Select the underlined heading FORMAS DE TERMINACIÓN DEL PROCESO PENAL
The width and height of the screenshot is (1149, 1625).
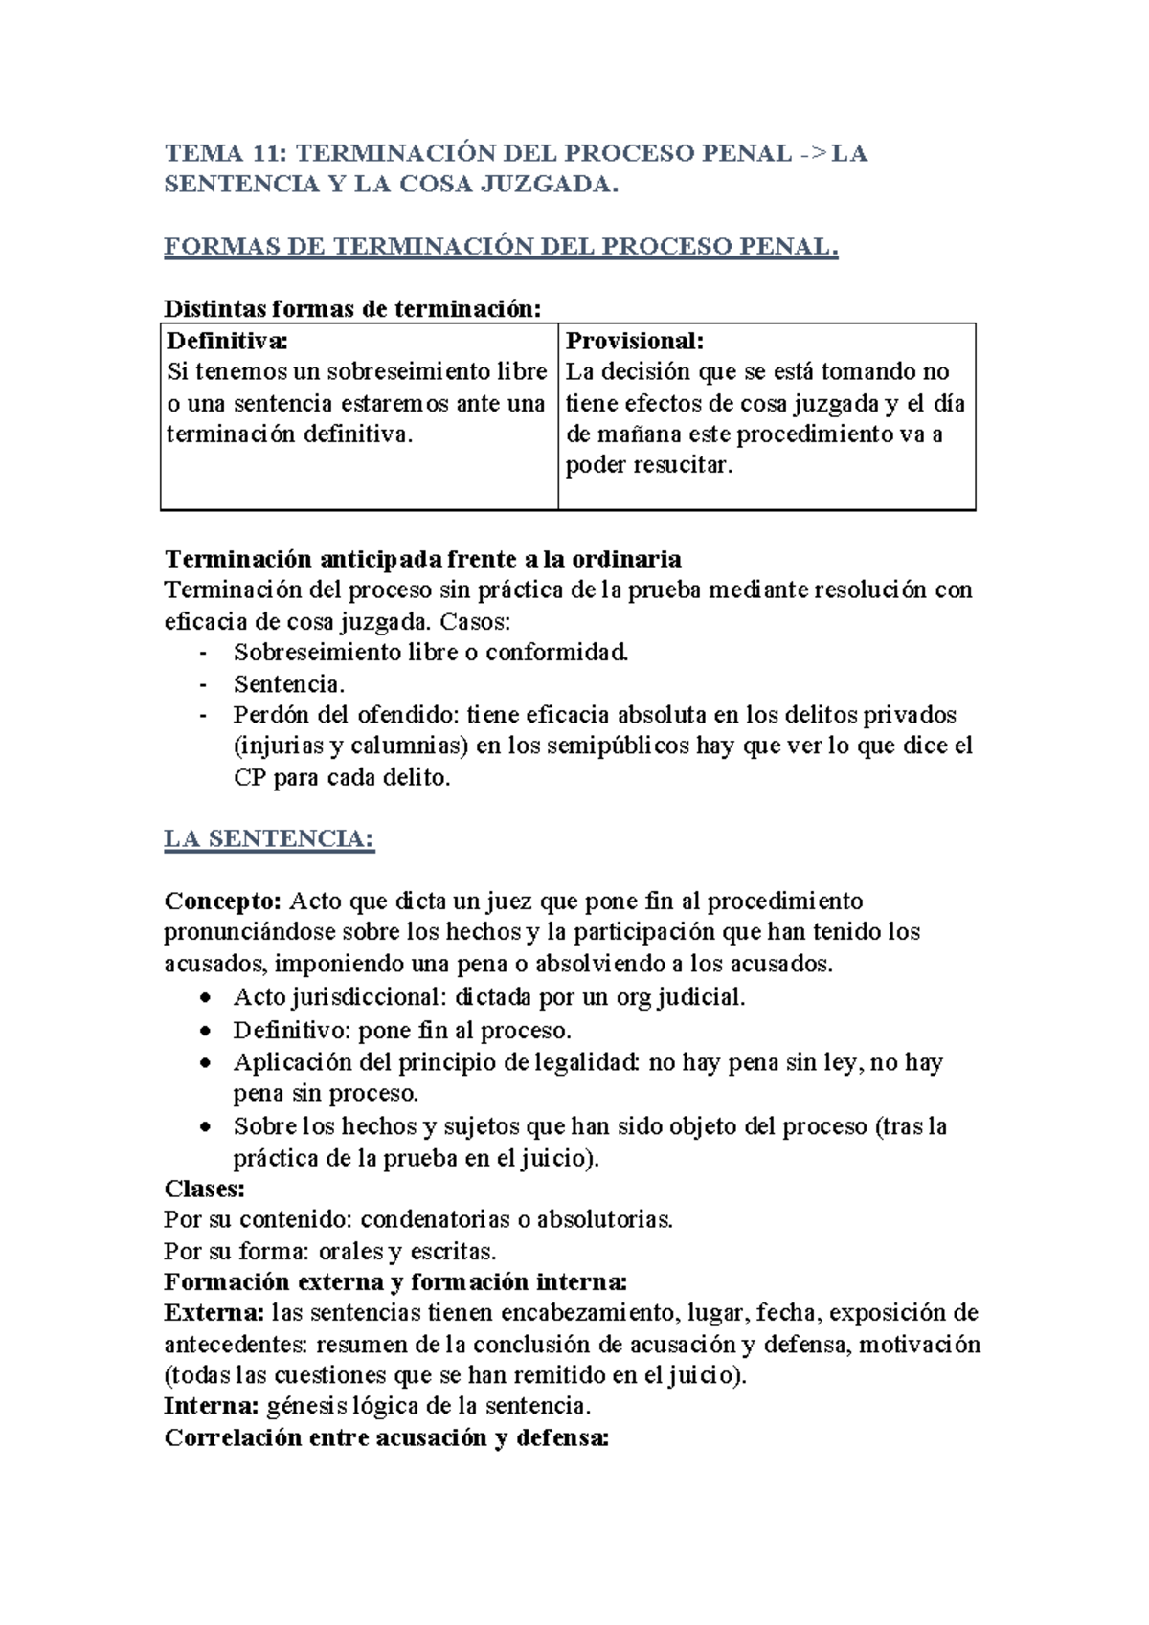point(501,247)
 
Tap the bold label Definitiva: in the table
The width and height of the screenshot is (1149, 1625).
point(227,341)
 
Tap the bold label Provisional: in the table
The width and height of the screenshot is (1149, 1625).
point(635,341)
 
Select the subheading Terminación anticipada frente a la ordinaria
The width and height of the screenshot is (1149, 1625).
point(422,559)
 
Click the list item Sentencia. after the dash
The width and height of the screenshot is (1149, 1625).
point(289,684)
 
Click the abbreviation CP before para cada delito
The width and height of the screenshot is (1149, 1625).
point(249,778)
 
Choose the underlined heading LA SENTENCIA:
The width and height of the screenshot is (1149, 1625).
point(269,839)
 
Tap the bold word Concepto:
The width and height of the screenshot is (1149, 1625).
point(222,902)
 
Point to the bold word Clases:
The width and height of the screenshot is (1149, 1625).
point(204,1189)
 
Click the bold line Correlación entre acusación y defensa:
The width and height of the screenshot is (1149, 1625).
point(386,1437)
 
